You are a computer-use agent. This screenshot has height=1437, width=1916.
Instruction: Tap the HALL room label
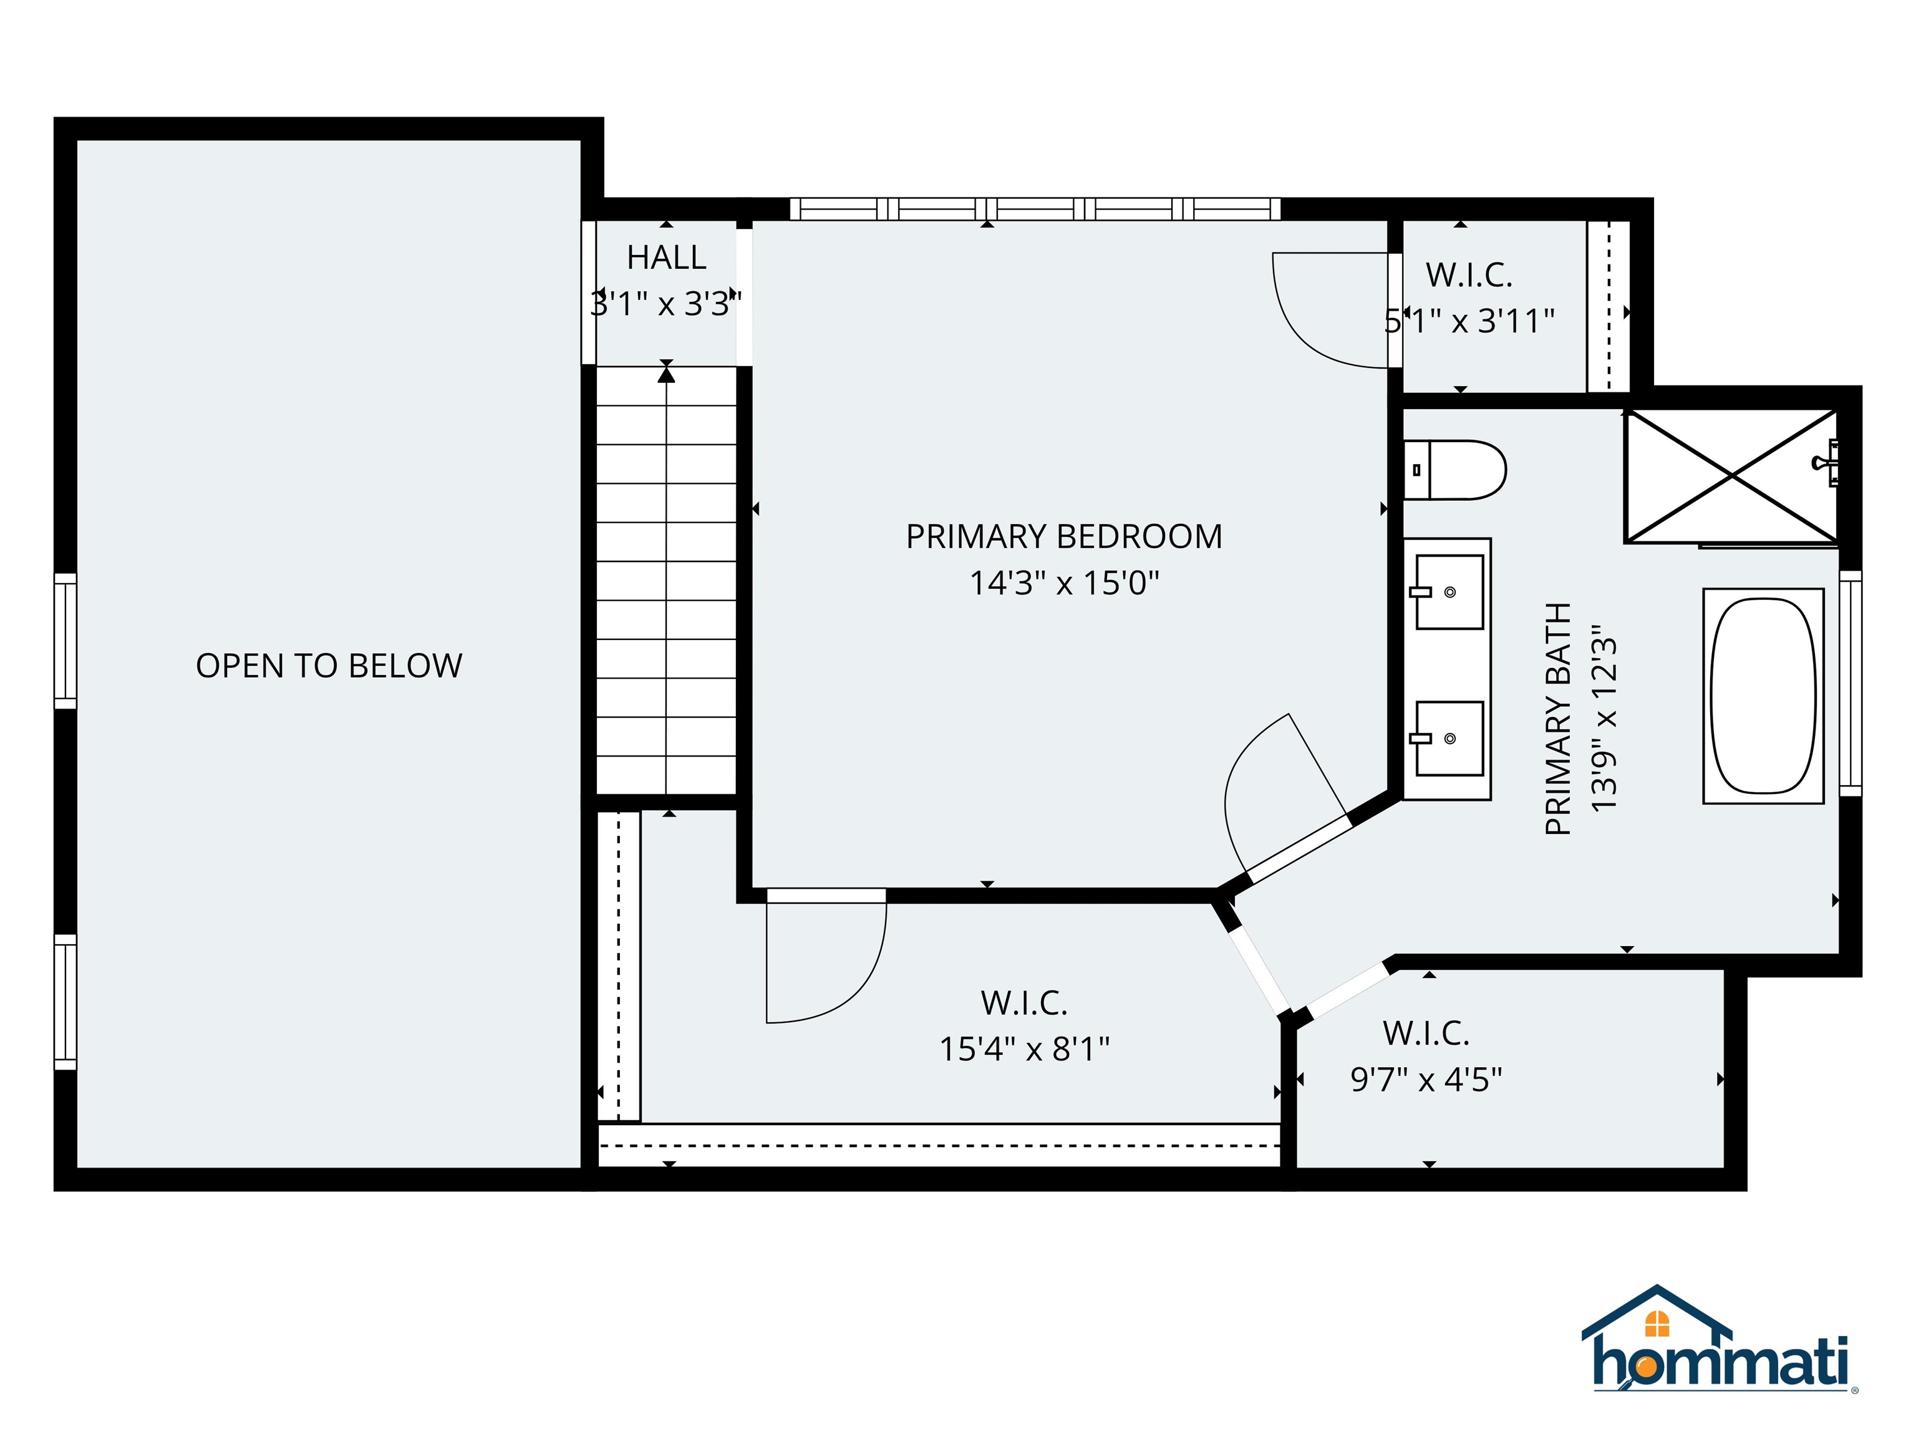(x=666, y=257)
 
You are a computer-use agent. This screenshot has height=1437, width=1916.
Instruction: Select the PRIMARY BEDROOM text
(x=1063, y=537)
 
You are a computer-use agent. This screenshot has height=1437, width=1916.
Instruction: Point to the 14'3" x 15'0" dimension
(x=1063, y=583)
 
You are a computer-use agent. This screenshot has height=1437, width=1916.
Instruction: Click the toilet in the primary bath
(x=1455, y=470)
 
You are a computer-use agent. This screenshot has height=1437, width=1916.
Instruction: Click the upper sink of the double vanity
(x=1448, y=593)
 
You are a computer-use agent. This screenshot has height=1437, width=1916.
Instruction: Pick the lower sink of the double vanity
(x=1448, y=738)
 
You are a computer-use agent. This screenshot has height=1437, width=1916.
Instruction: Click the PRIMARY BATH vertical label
(x=1558, y=719)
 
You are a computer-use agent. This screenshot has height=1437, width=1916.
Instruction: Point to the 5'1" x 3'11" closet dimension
(x=1470, y=321)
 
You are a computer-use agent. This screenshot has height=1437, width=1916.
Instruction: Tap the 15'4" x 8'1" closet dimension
(x=1024, y=1049)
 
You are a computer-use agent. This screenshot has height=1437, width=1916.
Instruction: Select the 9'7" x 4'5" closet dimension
(x=1426, y=1079)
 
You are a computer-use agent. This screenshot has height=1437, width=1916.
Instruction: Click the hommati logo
(x=1720, y=1354)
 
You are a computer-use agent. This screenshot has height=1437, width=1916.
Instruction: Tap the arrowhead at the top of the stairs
(x=666, y=374)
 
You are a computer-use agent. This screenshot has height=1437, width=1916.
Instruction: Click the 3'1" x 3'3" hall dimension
(x=666, y=304)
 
